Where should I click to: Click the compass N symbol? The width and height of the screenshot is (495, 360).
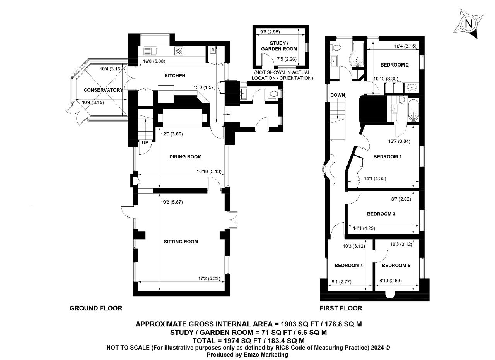click(468, 24)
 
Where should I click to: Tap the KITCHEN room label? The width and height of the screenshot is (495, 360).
click(175, 76)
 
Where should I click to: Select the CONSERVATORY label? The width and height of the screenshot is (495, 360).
click(103, 90)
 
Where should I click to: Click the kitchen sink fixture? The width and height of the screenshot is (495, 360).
click(150, 51)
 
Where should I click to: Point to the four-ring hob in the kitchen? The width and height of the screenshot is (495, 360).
click(179, 51)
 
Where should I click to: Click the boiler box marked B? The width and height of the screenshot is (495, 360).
click(213, 50)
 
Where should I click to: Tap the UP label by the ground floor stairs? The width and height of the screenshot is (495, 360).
click(145, 142)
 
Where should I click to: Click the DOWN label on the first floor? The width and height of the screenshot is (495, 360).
click(338, 95)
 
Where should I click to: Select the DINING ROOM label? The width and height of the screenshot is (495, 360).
click(185, 157)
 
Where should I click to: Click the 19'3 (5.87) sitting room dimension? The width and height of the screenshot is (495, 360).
click(172, 202)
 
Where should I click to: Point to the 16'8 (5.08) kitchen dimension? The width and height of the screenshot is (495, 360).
click(154, 61)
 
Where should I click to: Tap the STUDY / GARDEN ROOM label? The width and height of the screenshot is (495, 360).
click(279, 46)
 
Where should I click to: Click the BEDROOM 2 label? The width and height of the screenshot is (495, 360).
click(394, 65)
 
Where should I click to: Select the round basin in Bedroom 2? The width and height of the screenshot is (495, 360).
click(411, 88)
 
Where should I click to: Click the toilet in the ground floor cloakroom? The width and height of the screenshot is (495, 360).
click(273, 94)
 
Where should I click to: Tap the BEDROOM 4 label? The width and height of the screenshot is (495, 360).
click(349, 266)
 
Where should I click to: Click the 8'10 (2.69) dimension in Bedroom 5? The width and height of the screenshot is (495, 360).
click(391, 281)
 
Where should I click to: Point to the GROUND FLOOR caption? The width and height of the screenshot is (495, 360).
click(96, 308)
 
